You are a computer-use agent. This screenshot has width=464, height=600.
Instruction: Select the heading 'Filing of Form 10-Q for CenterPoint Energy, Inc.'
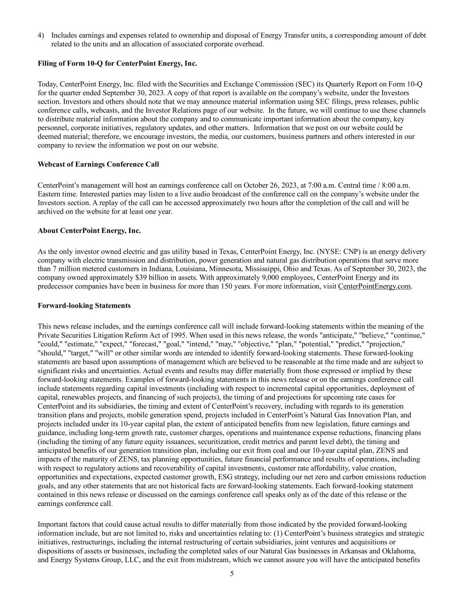click(x=117, y=64)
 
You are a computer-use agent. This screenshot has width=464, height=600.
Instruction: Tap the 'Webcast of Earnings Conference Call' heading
click(x=98, y=164)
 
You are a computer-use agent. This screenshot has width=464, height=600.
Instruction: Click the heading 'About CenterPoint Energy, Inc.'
click(x=89, y=230)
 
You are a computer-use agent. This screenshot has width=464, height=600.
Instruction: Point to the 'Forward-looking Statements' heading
click(x=84, y=305)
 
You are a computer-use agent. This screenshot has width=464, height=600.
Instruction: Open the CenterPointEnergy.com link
click(x=374, y=287)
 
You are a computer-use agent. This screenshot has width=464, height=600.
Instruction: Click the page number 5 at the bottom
click(x=232, y=574)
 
